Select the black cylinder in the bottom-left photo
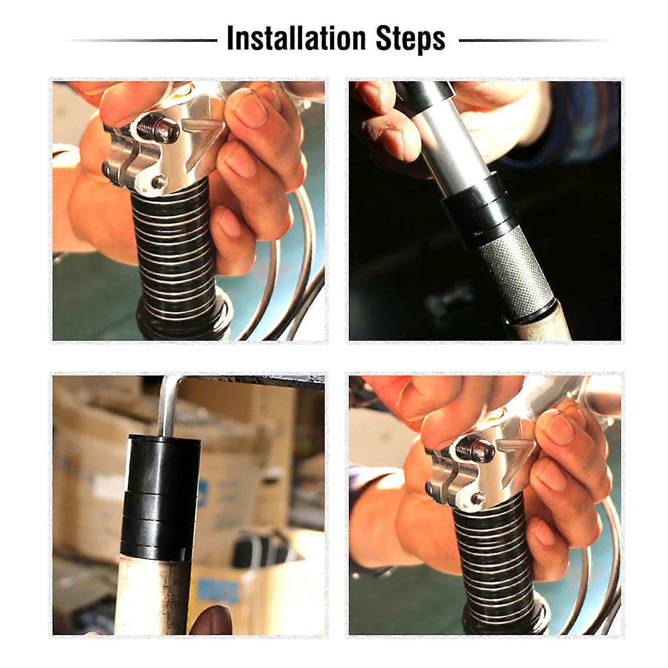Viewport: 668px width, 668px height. [x=161, y=492]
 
